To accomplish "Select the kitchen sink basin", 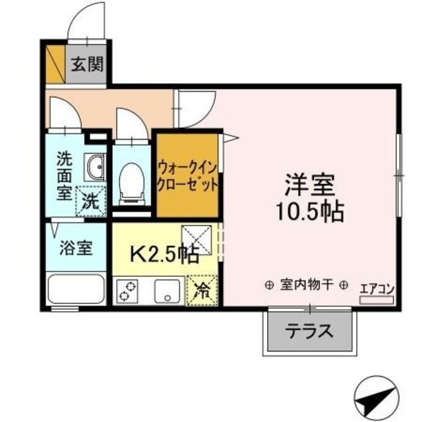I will pyautogui.click(x=168, y=291).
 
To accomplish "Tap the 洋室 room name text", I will pyautogui.click(x=311, y=184).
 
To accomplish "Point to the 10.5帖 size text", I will pyautogui.click(x=311, y=211).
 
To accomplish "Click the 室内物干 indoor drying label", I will pyautogui.click(x=307, y=285).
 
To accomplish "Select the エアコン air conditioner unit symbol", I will pyautogui.click(x=377, y=299).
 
